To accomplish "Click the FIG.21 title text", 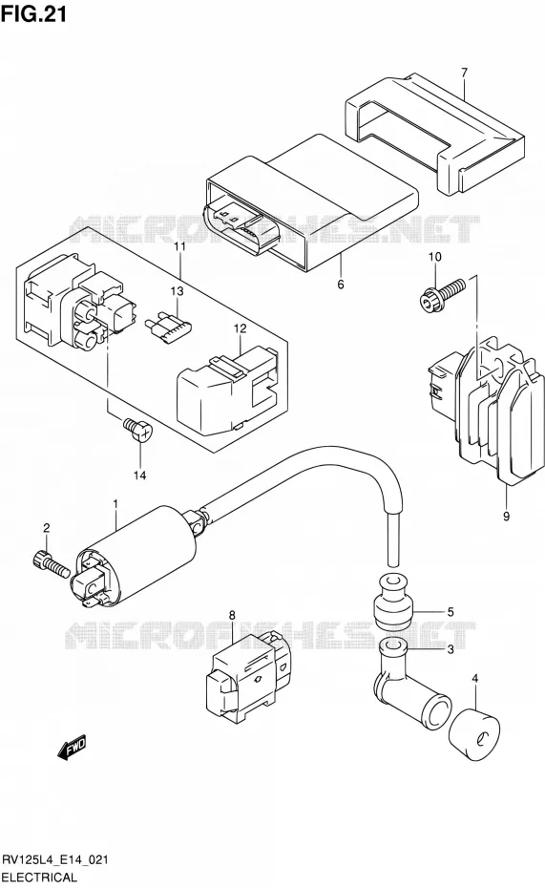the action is tap(34, 13).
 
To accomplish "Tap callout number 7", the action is tap(464, 74).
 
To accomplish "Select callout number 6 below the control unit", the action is tap(341, 285).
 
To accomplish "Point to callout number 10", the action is tap(434, 257).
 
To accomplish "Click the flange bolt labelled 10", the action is tap(443, 293).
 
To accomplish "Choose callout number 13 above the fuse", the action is tap(178, 291).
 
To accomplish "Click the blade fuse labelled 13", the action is tap(170, 329).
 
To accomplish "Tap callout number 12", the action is tap(240, 328).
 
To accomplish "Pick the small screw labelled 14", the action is tap(138, 429).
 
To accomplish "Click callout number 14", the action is tap(139, 476).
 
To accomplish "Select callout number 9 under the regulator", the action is tap(507, 516).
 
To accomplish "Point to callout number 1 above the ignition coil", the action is tap(115, 503).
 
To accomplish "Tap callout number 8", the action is tap(232, 615).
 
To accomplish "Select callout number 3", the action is tap(451, 649).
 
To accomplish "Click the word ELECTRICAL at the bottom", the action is tap(40, 877).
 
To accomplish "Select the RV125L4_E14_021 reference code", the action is tap(55, 861).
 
